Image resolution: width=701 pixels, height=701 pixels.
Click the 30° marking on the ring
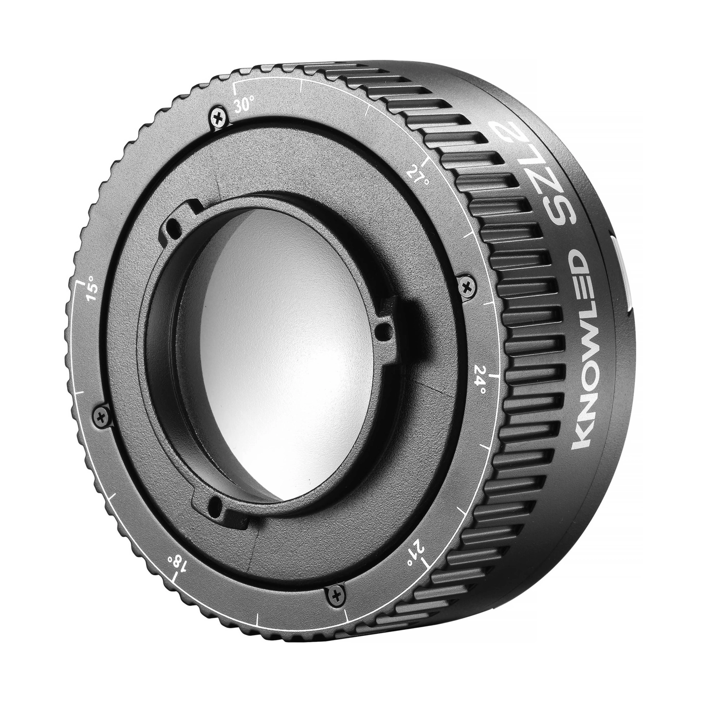(242, 106)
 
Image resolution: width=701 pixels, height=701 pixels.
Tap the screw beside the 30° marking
(219, 118)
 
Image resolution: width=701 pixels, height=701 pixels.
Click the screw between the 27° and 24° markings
(466, 288)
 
